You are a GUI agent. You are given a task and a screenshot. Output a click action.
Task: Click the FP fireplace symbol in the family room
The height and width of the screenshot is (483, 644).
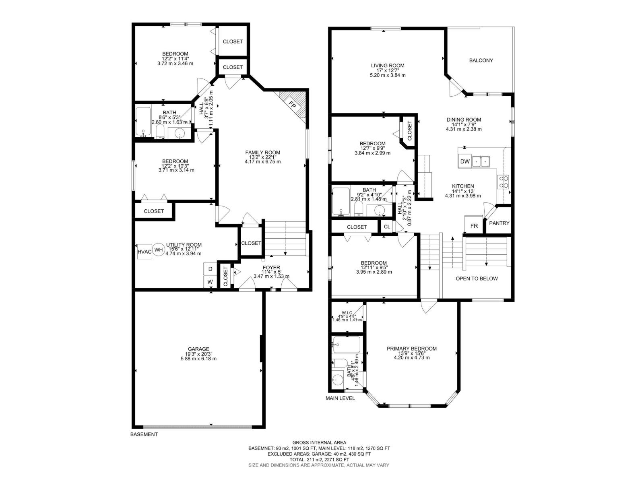click(x=293, y=105)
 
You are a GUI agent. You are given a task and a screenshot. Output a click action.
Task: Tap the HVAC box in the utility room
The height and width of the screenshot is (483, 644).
click(x=144, y=252)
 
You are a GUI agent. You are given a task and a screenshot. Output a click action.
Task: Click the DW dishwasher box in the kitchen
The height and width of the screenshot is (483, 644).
click(x=465, y=161)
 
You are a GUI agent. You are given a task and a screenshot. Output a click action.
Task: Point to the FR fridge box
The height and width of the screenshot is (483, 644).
click(x=474, y=226)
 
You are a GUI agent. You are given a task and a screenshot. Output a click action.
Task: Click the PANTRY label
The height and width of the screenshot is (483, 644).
click(x=499, y=223)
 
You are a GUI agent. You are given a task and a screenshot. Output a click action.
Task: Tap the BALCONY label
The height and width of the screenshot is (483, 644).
click(x=481, y=60)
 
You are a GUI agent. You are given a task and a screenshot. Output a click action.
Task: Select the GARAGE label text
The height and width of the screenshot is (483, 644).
click(x=198, y=349)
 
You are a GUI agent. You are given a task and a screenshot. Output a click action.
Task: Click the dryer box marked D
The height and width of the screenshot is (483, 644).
click(x=210, y=269)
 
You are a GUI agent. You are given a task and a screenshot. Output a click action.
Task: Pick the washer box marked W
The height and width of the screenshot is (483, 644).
click(x=210, y=282)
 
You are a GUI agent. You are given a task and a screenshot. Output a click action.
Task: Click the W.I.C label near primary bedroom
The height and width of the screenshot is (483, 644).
click(x=347, y=313)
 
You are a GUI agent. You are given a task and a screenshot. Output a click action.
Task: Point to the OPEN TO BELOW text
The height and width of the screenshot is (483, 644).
click(x=477, y=279)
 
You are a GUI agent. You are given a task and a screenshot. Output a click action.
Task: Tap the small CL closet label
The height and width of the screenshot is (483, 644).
click(x=387, y=227)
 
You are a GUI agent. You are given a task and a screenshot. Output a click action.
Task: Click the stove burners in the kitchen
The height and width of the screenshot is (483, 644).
click(x=504, y=182)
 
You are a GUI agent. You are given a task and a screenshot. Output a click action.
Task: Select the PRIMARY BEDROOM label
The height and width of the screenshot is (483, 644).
click(x=411, y=349)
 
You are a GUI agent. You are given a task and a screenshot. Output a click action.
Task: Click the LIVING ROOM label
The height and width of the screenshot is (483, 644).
click(x=388, y=66)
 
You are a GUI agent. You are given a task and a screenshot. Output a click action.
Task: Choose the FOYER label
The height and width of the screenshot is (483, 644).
click(x=271, y=267)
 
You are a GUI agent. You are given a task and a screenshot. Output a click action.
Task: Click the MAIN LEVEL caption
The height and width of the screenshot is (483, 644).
click(x=340, y=398)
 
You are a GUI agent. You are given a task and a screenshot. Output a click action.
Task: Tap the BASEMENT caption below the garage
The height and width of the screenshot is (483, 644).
click(x=144, y=434)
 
